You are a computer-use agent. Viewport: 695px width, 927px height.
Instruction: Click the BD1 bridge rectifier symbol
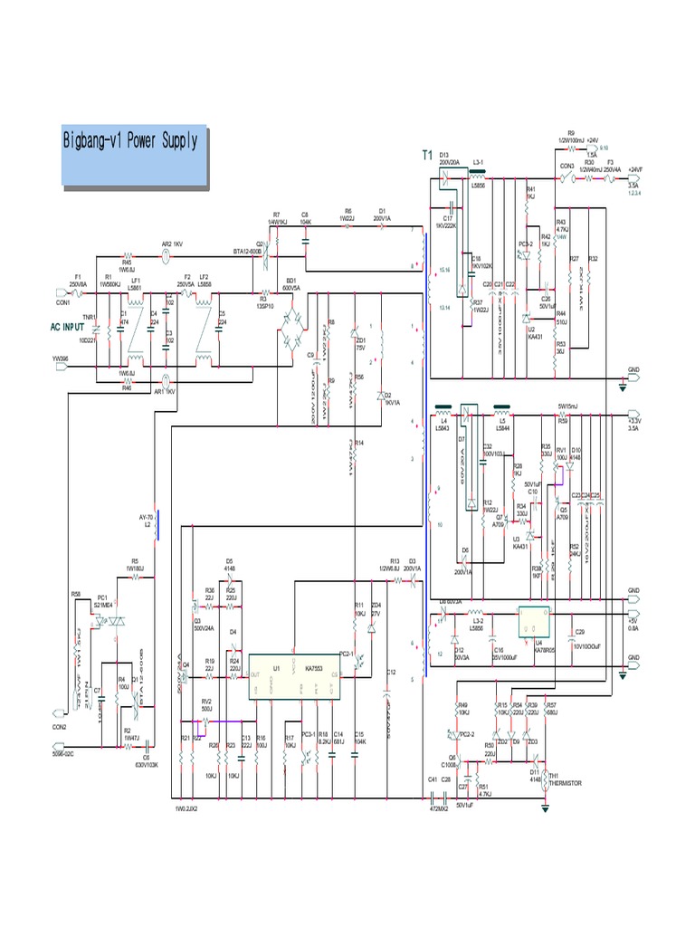[291, 323]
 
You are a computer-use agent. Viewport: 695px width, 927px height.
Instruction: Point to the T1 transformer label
[428, 156]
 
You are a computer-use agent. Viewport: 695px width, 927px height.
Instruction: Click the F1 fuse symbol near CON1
[79, 292]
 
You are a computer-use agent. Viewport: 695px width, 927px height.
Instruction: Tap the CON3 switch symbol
[566, 178]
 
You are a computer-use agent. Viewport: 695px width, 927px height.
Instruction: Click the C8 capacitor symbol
[305, 240]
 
